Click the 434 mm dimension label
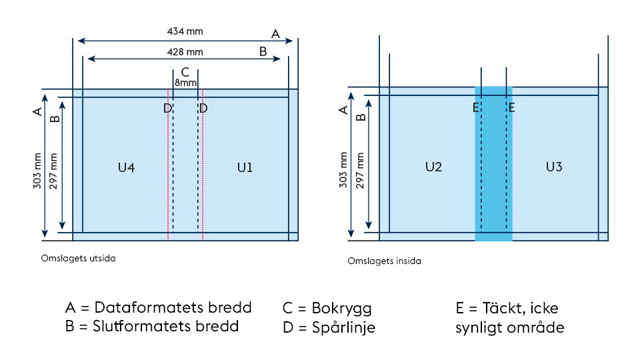coord(185,31)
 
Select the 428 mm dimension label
coord(185,51)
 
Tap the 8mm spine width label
coord(185,83)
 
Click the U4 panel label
coord(126,167)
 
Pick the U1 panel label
coord(245,167)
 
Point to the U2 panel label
coord(433,167)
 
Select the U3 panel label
coord(554,167)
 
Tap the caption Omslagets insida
coord(384,261)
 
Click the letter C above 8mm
coord(185,72)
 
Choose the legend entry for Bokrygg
coord(327,309)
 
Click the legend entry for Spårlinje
coord(329,327)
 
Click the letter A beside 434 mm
coord(275,33)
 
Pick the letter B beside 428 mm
coord(263,51)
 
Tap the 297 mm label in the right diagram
coord(361,171)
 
